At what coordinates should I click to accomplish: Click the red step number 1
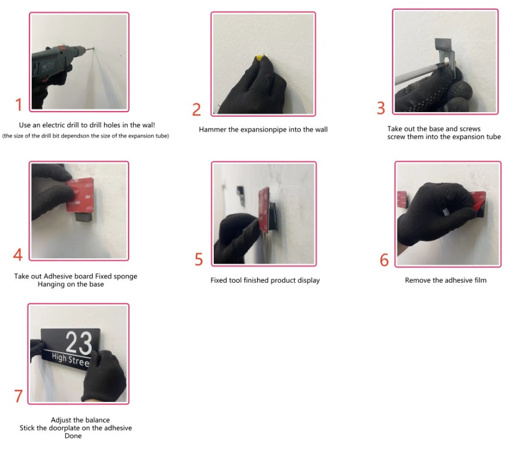pos(19,105)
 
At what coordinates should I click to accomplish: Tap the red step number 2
pos(196,110)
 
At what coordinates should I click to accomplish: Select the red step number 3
pos(381,108)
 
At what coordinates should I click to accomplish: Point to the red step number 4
pos(18,254)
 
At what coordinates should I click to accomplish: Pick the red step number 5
pos(199,259)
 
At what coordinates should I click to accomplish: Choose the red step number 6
pos(384,260)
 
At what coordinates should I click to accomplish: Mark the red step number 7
pos(19,396)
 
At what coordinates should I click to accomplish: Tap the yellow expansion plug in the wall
pos(259,58)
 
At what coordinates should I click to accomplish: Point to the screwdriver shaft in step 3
pos(420,74)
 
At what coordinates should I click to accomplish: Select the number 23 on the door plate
pos(79,342)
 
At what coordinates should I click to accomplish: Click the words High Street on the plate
pos(71,360)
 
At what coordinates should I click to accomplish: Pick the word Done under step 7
pos(73,435)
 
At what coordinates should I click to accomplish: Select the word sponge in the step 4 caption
pos(126,276)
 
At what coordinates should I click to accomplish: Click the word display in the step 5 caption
pos(309,280)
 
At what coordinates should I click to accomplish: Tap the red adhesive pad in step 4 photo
pos(79,195)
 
